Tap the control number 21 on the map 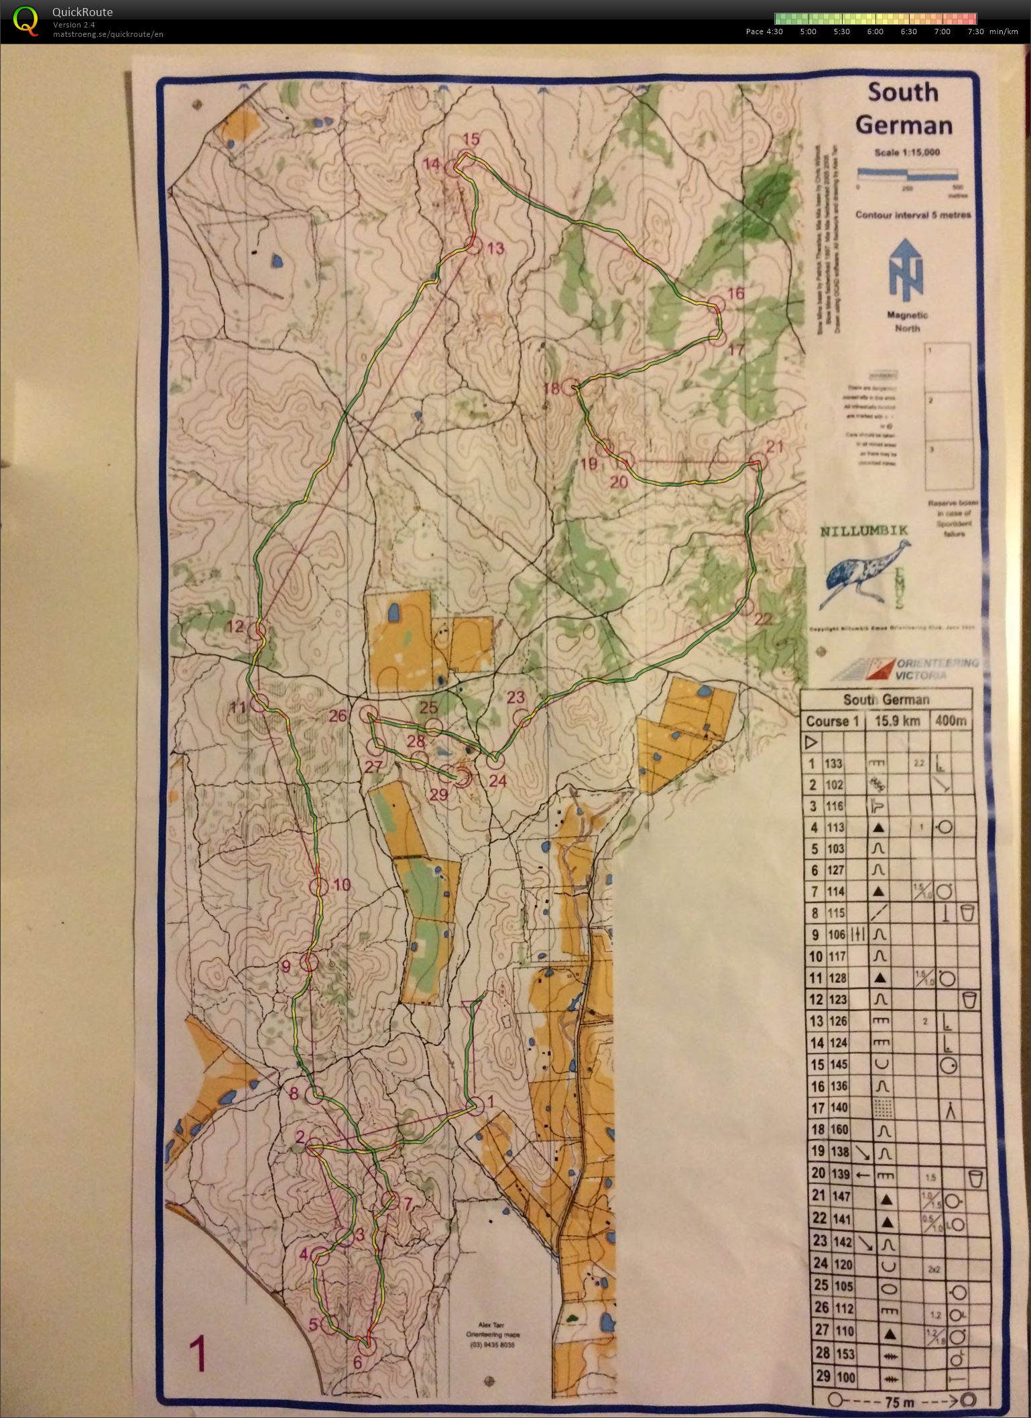pyautogui.click(x=774, y=447)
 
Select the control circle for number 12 pyautogui.click(x=257, y=630)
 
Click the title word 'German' pyautogui.click(x=904, y=125)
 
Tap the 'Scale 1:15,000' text pyautogui.click(x=906, y=152)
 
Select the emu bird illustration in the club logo pyautogui.click(x=865, y=571)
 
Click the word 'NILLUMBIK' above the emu pyautogui.click(x=865, y=530)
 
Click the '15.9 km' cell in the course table pyautogui.click(x=898, y=721)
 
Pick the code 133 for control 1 pyautogui.click(x=833, y=763)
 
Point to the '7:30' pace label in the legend pyautogui.click(x=975, y=32)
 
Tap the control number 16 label pyautogui.click(x=735, y=293)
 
